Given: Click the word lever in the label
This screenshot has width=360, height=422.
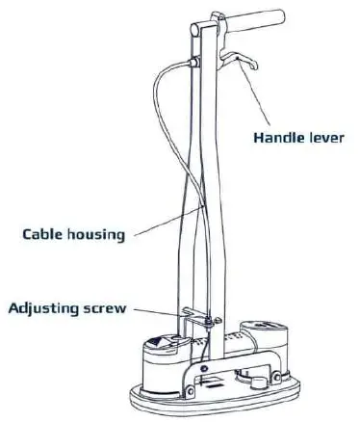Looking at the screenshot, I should (x=324, y=137).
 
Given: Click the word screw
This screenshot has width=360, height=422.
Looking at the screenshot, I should (x=110, y=309).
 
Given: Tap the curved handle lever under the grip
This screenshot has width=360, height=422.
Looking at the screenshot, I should (x=238, y=63).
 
